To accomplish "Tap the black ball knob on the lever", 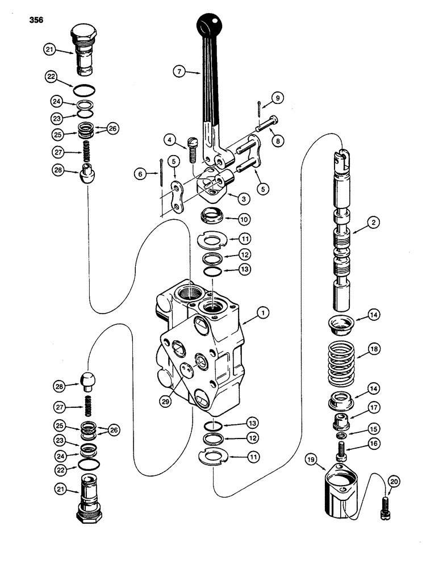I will tap(209, 24).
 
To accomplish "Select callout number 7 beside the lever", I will tap(181, 72).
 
